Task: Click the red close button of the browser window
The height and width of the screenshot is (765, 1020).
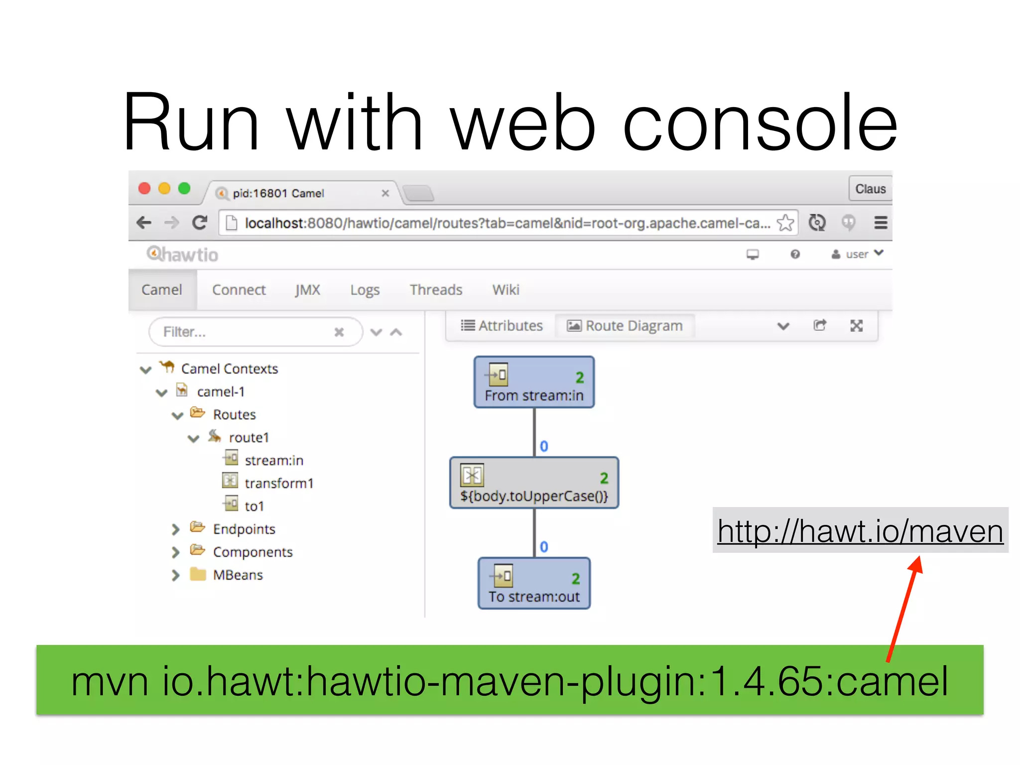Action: click(144, 188)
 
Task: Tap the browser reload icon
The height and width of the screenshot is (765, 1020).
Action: click(200, 223)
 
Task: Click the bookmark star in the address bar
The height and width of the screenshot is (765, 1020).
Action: click(785, 223)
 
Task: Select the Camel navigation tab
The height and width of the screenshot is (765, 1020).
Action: click(162, 290)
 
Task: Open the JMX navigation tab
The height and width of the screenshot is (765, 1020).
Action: click(307, 290)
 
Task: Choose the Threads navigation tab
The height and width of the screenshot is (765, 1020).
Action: click(436, 290)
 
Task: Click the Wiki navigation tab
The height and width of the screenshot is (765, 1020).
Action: click(506, 290)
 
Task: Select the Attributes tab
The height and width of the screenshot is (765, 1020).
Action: click(502, 326)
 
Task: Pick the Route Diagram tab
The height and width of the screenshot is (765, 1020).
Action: click(625, 326)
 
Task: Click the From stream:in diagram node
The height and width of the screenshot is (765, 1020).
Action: click(534, 382)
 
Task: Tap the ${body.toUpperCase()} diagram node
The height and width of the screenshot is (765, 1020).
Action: click(534, 483)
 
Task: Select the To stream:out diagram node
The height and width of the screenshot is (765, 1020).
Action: click(534, 584)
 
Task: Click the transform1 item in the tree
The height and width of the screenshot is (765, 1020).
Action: click(279, 483)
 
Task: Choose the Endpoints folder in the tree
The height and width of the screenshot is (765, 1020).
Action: click(244, 529)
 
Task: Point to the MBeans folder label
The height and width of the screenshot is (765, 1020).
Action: click(238, 575)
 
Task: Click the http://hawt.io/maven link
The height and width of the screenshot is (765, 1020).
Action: click(860, 531)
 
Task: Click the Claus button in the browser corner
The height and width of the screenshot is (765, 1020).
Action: click(870, 189)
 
